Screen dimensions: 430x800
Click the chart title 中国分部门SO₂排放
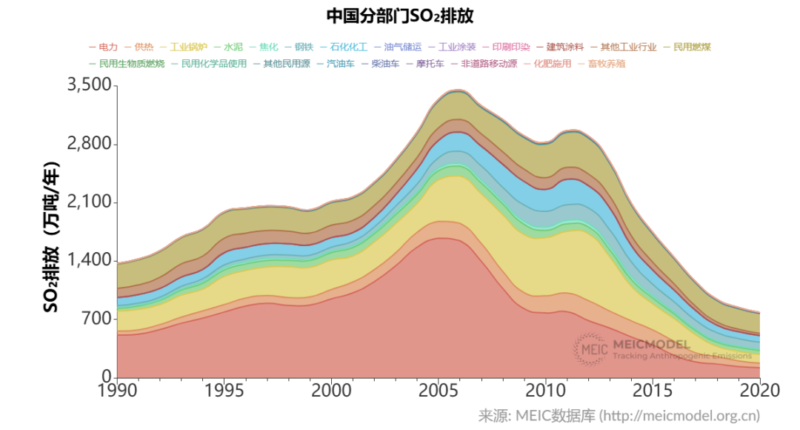pyautogui.click(x=399, y=16)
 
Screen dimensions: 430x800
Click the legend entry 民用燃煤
pyautogui.click(x=692, y=47)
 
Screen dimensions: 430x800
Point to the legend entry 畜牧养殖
pyautogui.click(x=606, y=64)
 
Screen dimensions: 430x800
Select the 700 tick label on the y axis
pyautogui.click(x=96, y=319)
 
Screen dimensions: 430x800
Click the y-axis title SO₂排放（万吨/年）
pyautogui.click(x=51, y=236)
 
